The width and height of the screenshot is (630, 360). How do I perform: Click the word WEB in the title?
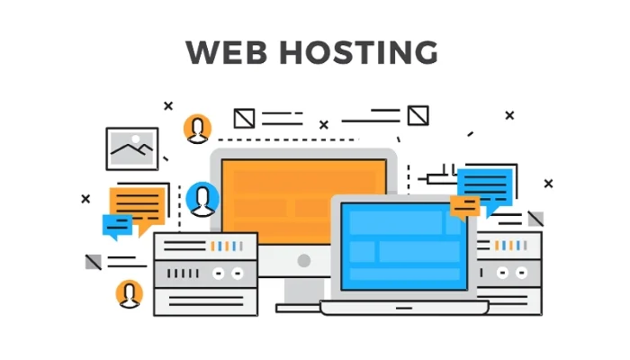click(226, 52)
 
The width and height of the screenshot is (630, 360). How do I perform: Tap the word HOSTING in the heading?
click(359, 52)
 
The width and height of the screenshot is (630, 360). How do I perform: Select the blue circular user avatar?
click(202, 199)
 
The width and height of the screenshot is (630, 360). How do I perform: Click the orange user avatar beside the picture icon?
click(197, 129)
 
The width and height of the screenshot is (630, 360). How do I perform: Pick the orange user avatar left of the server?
click(130, 294)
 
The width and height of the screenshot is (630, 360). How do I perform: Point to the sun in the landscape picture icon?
click(136, 139)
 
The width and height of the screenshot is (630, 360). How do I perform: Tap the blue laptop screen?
click(404, 246)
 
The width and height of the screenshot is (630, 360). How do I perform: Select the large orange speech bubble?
click(139, 206)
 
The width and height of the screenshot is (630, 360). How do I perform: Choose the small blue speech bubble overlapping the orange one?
click(117, 226)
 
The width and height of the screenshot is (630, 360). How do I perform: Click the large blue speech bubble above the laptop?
click(486, 187)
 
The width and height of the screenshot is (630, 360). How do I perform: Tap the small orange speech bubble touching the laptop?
click(465, 207)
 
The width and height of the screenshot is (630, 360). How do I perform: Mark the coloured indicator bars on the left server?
click(227, 246)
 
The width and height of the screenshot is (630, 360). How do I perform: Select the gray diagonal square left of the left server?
click(94, 262)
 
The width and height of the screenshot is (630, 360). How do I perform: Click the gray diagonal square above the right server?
click(535, 219)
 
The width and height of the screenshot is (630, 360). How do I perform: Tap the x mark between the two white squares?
click(324, 125)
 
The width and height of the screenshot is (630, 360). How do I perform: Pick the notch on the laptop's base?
click(404, 308)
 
